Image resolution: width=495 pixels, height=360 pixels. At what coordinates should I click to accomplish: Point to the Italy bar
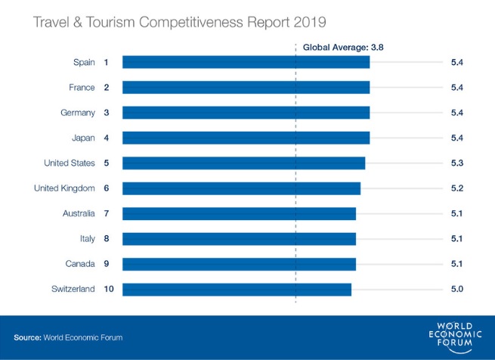[239, 239]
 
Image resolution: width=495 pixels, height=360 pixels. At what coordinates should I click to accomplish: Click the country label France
[82, 88]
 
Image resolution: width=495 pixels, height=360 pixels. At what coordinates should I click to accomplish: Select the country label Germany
[78, 113]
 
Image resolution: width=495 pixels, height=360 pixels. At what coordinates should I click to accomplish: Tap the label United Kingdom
[64, 188]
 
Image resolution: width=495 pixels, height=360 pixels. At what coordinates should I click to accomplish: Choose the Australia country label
[78, 213]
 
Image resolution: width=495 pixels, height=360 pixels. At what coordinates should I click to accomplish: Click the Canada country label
[80, 264]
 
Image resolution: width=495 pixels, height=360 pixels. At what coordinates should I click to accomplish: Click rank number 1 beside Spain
[107, 62]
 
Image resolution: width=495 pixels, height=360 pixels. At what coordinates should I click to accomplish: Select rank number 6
[107, 188]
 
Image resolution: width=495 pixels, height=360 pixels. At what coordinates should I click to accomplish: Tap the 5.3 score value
[456, 163]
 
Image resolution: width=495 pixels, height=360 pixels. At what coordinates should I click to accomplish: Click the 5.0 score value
[456, 289]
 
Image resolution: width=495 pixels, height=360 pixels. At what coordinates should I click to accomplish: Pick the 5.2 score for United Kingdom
[456, 188]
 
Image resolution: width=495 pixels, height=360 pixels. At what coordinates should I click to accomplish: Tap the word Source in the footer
[27, 337]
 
